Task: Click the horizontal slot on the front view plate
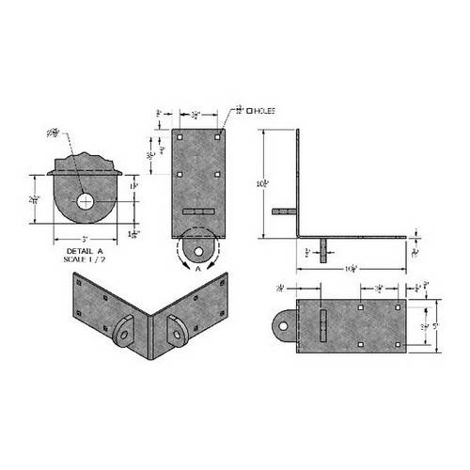click(x=199, y=212)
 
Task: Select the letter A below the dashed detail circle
click(x=198, y=269)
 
